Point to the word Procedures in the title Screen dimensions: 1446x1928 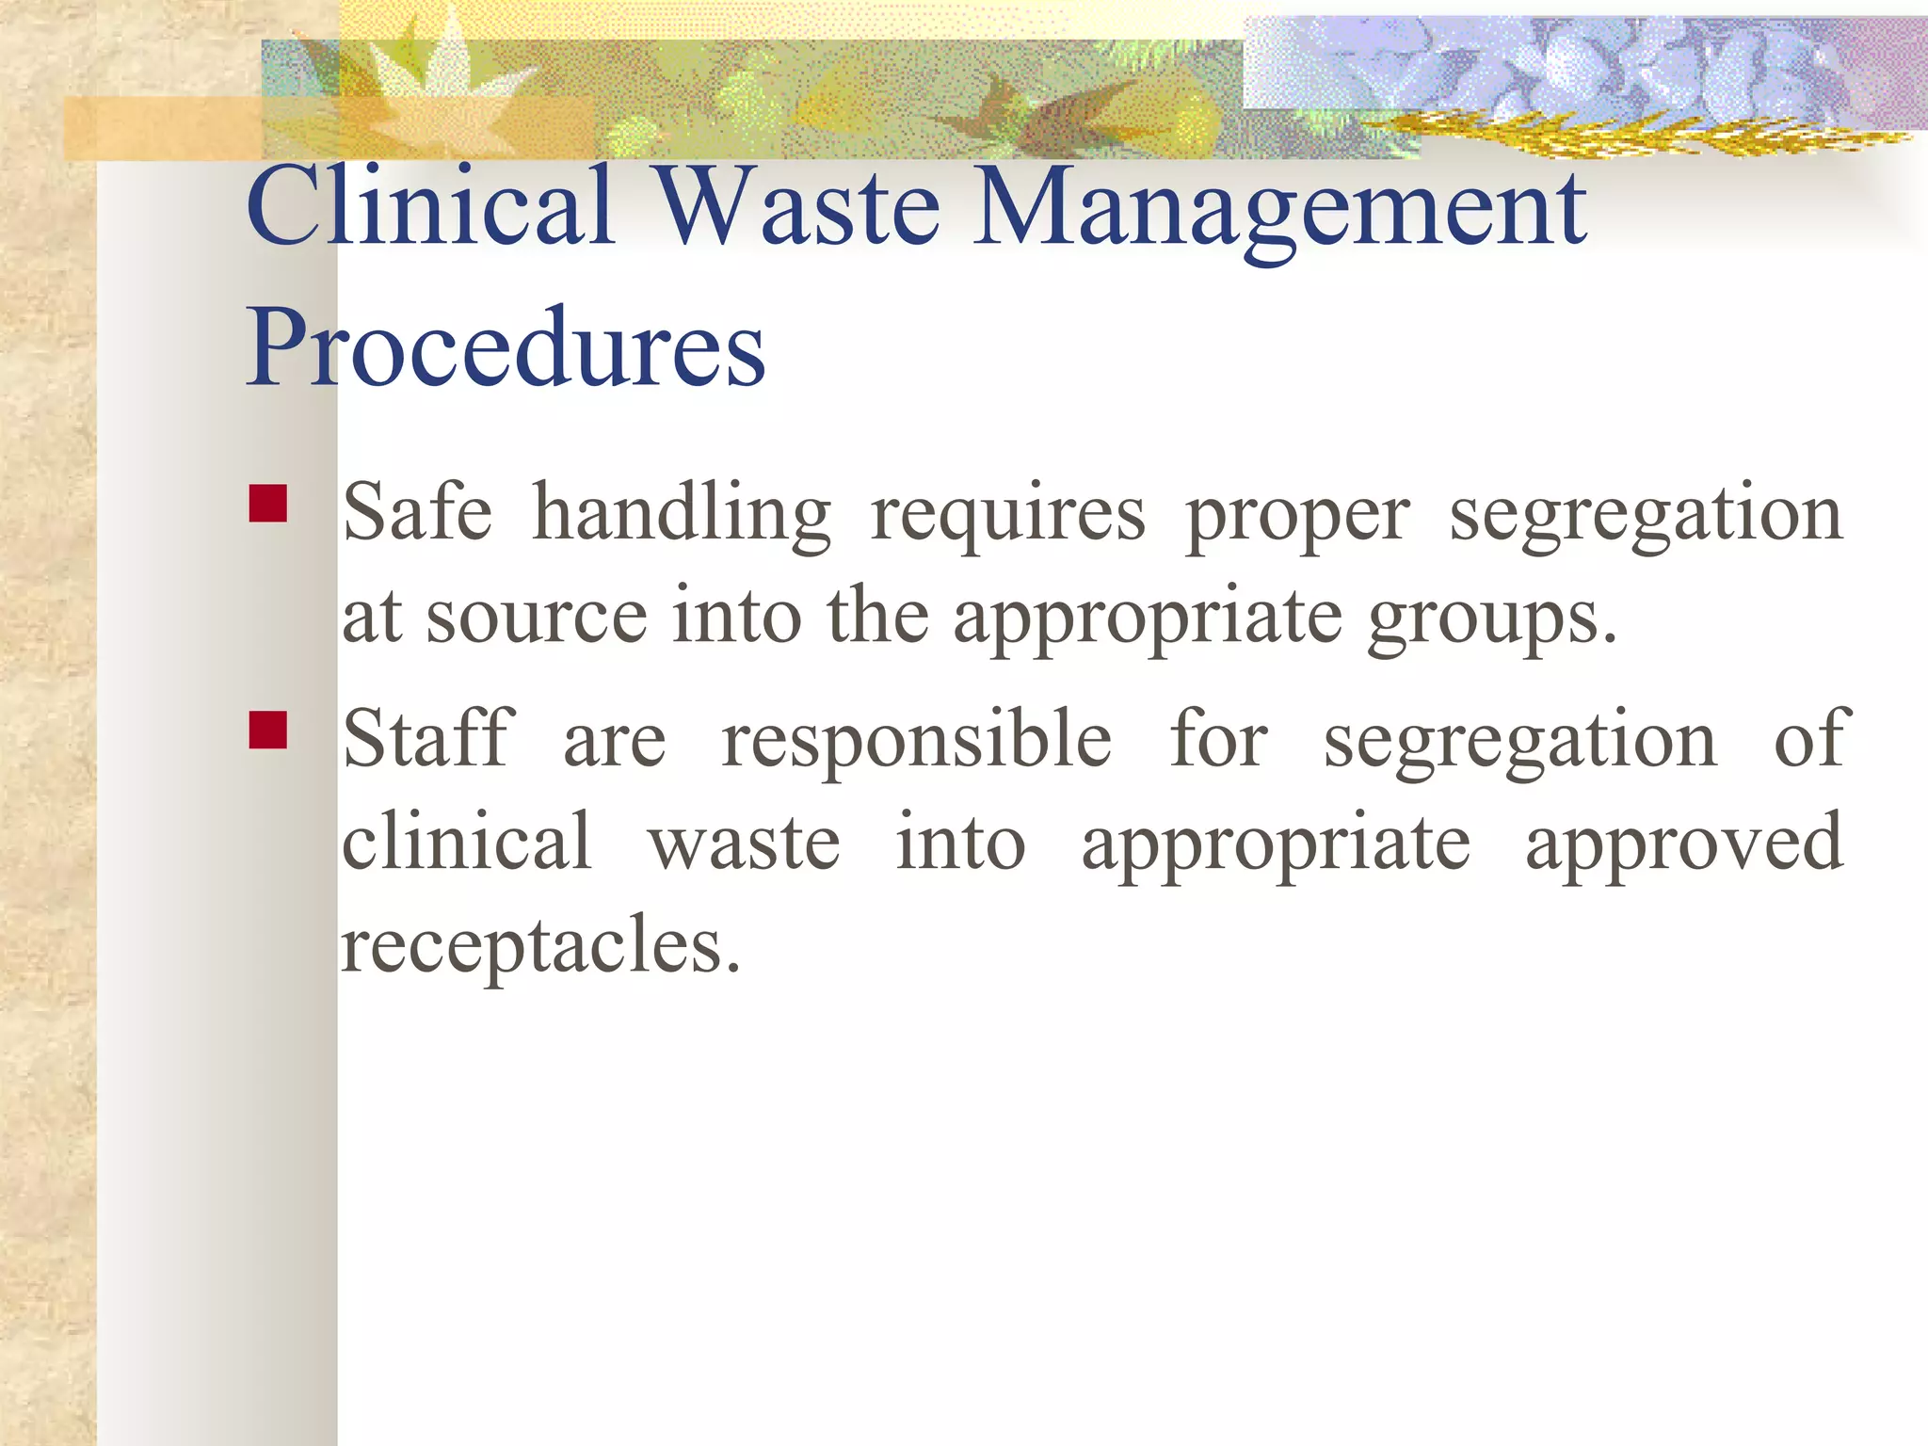[506, 347]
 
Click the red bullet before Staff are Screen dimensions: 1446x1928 [268, 730]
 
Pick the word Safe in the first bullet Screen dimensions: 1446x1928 [417, 512]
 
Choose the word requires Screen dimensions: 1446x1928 [1008, 518]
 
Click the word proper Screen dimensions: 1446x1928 [1297, 518]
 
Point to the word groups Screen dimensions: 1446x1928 [1492, 621]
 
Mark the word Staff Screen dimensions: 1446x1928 [428, 738]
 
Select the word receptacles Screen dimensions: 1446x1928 [540, 946]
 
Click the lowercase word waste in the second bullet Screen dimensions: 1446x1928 [744, 843]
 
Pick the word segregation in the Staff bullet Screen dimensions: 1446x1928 [1520, 744]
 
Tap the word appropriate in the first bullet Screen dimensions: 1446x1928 [1148, 621]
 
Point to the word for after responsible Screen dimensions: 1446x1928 [1218, 738]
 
